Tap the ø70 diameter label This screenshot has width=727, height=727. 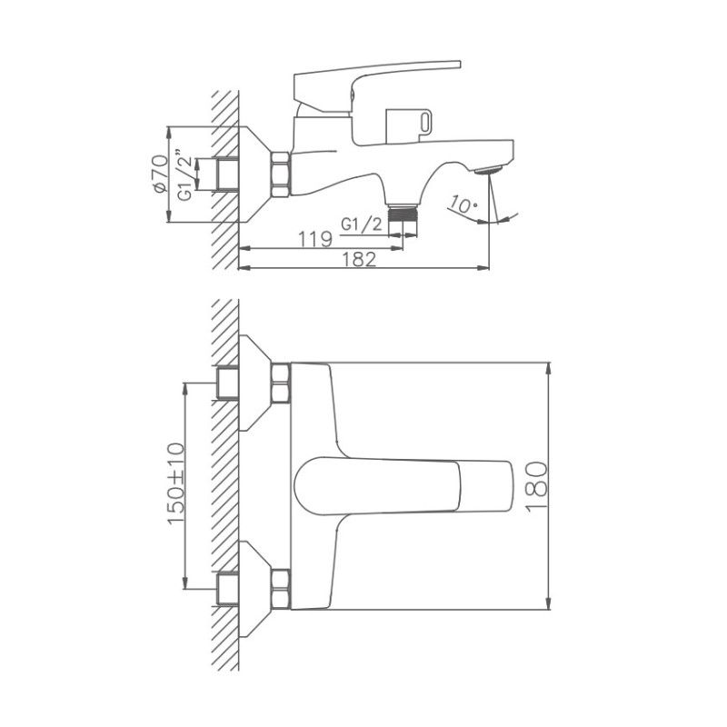[x=159, y=174]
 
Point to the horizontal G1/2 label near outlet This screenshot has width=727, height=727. [x=360, y=224]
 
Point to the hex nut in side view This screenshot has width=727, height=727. [x=279, y=174]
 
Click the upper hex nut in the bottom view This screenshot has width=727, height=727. [x=279, y=383]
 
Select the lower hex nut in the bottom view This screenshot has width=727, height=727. [x=279, y=588]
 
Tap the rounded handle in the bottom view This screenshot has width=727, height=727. [x=400, y=486]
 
